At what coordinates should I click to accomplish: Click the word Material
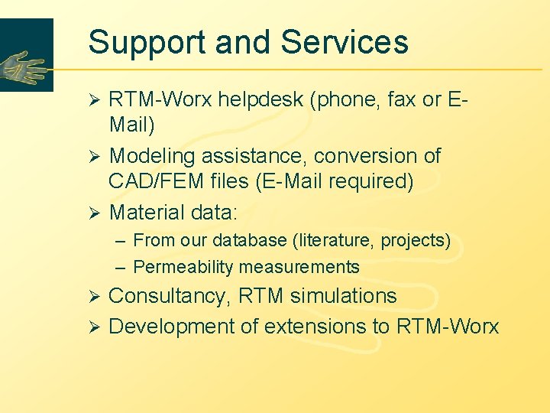(x=147, y=212)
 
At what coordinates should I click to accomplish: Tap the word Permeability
(x=183, y=267)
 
